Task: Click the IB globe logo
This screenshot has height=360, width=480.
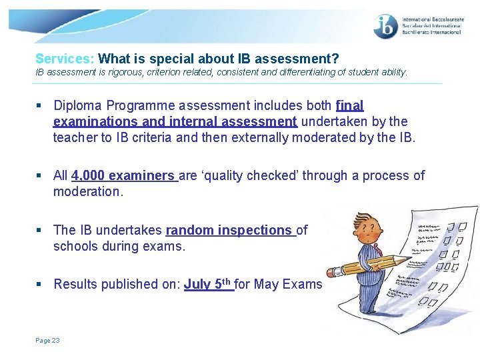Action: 386,26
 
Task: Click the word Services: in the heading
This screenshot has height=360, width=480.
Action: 65,59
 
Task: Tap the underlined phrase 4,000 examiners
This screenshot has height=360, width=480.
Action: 123,175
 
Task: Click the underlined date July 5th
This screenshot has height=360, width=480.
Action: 207,284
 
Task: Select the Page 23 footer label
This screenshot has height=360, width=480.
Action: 47,341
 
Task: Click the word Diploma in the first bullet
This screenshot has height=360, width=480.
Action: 78,105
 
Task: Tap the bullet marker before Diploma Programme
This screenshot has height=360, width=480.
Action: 41,105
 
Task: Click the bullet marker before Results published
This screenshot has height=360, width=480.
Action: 41,284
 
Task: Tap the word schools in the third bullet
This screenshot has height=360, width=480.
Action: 75,246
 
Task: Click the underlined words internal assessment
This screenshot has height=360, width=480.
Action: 235,121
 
